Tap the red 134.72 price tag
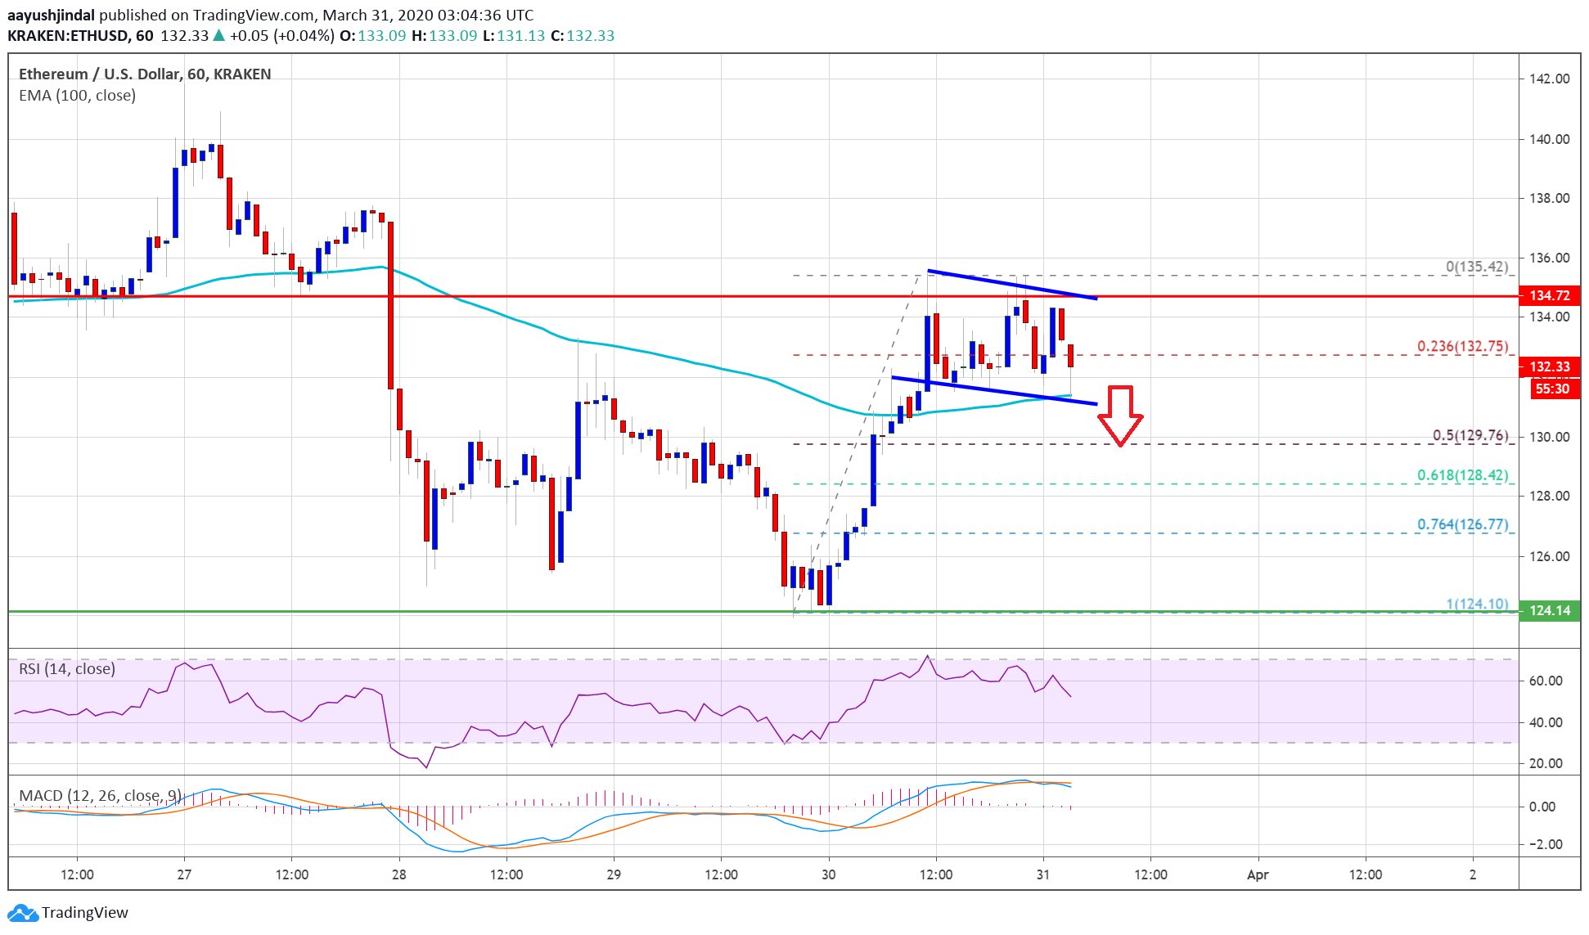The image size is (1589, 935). point(1548,295)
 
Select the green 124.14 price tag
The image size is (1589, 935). point(1548,610)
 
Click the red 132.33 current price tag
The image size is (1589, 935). point(1548,366)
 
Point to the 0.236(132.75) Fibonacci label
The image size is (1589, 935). point(1462,346)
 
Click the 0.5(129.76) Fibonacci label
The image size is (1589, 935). point(1470,435)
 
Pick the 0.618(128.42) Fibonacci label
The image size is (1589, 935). point(1462,475)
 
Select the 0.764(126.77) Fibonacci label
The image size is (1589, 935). point(1462,524)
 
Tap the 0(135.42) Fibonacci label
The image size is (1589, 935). point(1476,267)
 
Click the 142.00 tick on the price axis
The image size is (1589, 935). point(1549,79)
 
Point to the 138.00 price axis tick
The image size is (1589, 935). point(1549,198)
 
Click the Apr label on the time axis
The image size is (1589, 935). point(1257,874)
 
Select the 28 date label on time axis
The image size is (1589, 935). point(398,874)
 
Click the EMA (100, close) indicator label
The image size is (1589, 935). point(77,96)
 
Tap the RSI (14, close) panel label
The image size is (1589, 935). point(66,669)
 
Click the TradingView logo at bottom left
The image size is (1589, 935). point(68,912)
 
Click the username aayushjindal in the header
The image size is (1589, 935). point(51,15)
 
